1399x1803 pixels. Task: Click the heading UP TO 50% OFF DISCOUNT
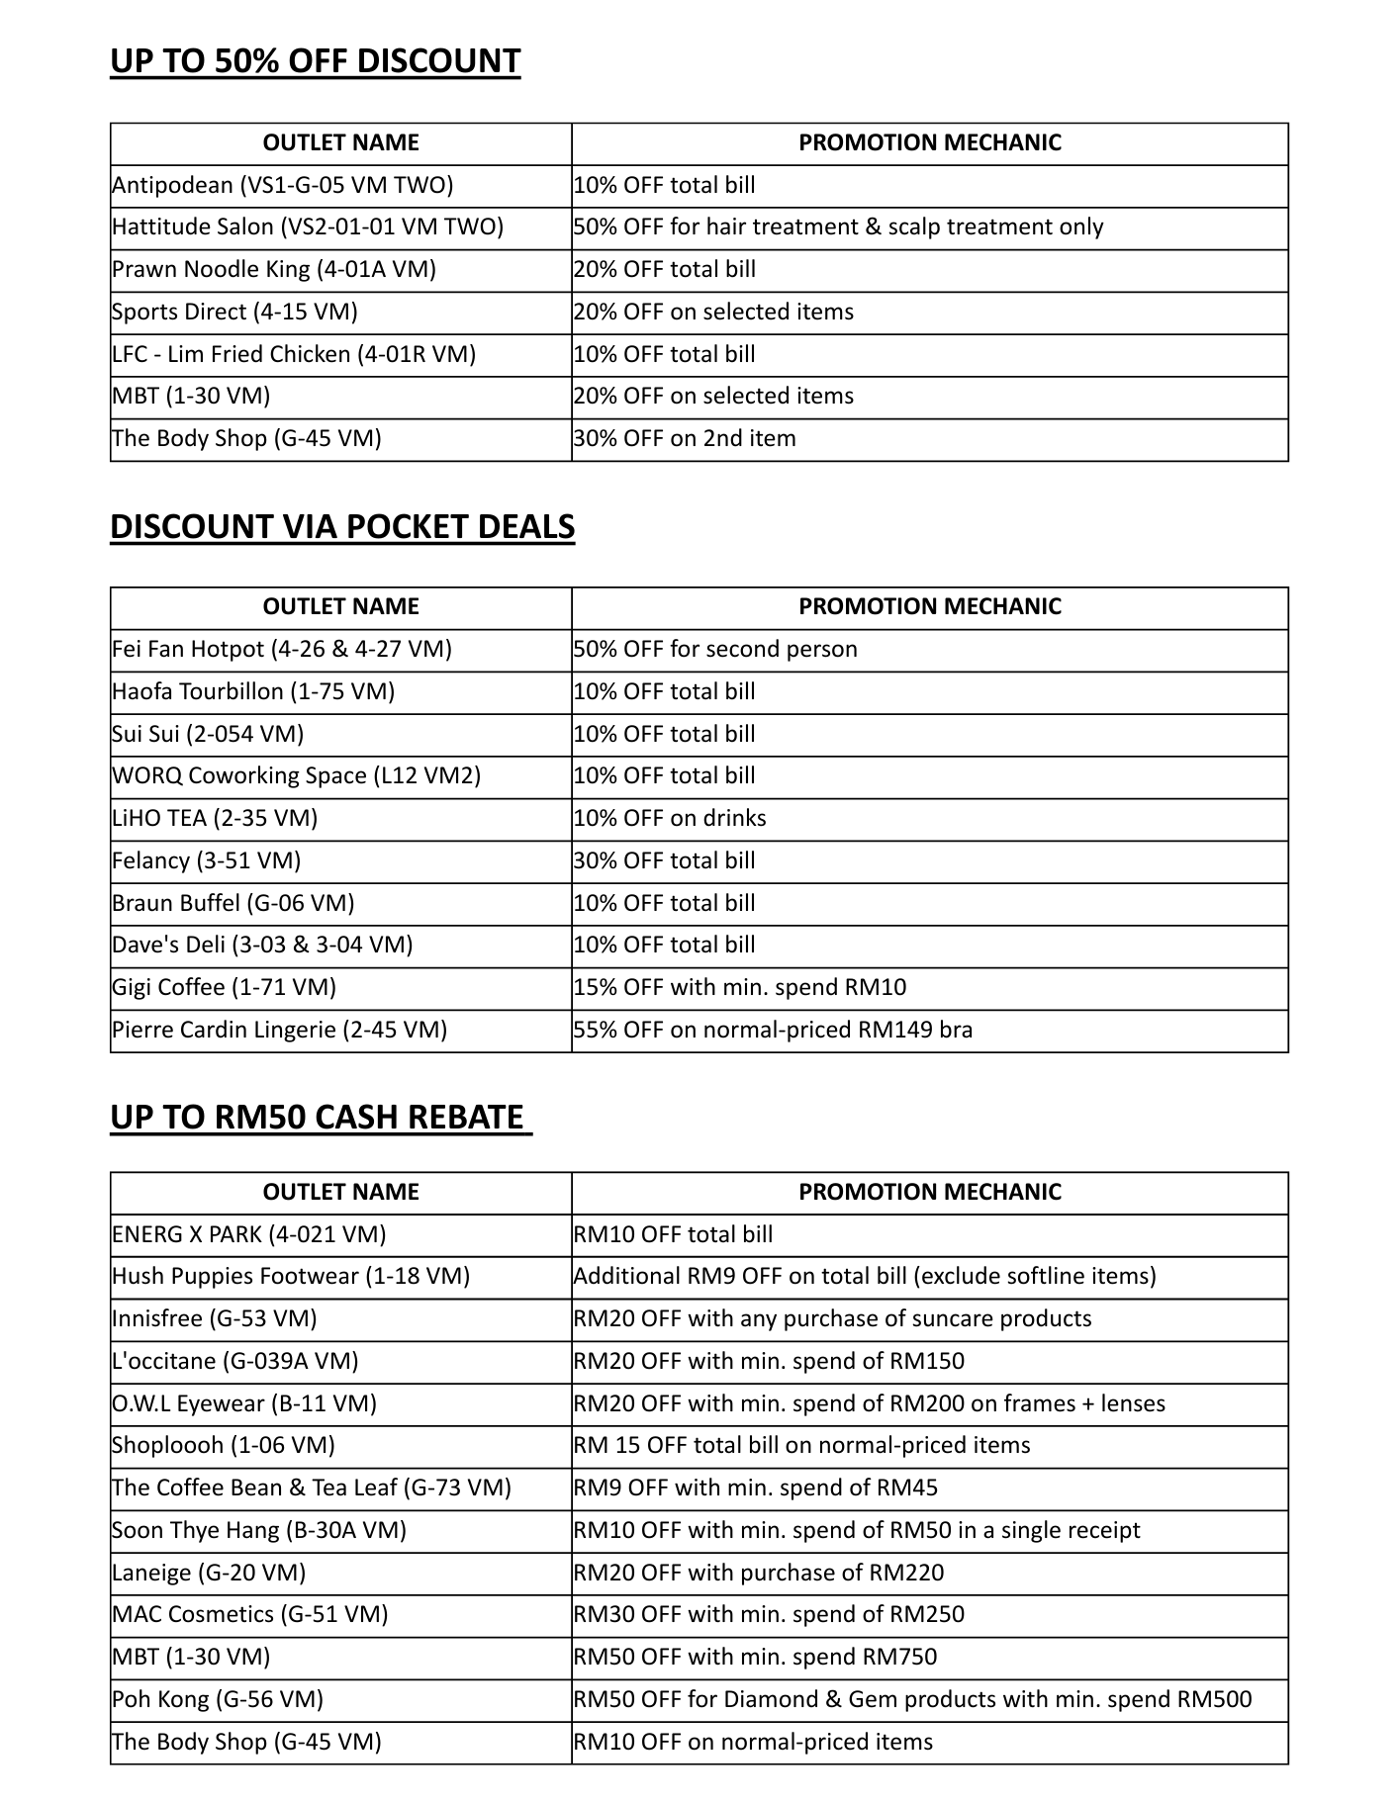315,61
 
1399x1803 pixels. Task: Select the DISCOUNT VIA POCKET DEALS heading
341,526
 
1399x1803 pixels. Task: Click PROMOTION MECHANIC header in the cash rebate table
929,1192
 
